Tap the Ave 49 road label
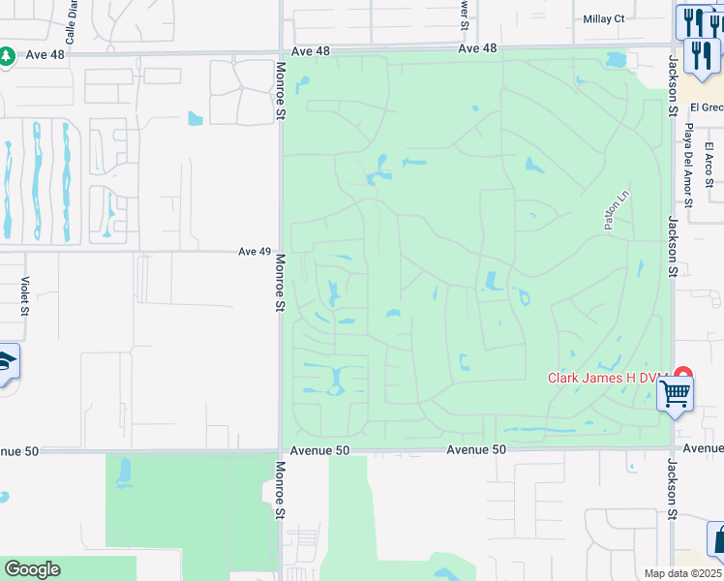point(255,252)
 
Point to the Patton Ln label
point(611,210)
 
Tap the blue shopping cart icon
point(675,393)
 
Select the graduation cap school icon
point(6,363)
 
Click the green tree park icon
point(7,57)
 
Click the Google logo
point(32,569)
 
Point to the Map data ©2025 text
point(682,573)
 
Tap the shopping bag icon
point(717,538)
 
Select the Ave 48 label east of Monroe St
point(476,48)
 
